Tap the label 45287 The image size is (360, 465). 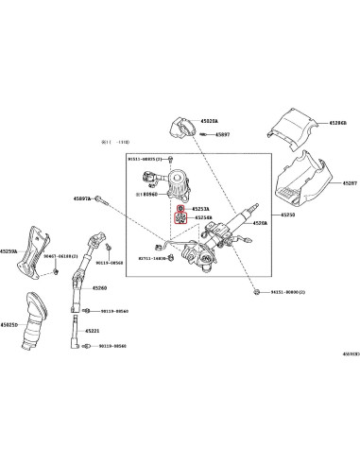[349, 183]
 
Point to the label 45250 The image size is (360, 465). [288, 215]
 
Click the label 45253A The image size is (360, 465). [201, 209]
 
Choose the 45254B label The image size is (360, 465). [203, 218]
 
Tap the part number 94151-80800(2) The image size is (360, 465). [287, 293]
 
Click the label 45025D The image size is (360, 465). [9, 325]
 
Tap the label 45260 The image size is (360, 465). [100, 287]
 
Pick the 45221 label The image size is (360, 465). [92, 331]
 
